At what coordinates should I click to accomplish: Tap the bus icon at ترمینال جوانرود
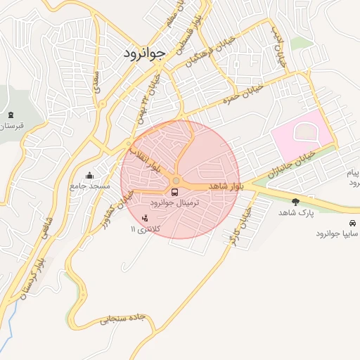coord(174,191)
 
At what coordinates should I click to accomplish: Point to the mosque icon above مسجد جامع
coord(89,176)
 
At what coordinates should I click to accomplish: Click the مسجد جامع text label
coord(89,186)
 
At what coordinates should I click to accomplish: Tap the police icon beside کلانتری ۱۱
coord(146,218)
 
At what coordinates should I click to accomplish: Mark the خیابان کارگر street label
coord(240,225)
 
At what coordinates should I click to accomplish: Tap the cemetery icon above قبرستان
coord(10,115)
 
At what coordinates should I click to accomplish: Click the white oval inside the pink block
coord(303,131)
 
